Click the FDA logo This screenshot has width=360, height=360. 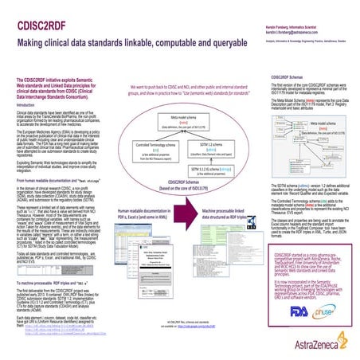point(289,312)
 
